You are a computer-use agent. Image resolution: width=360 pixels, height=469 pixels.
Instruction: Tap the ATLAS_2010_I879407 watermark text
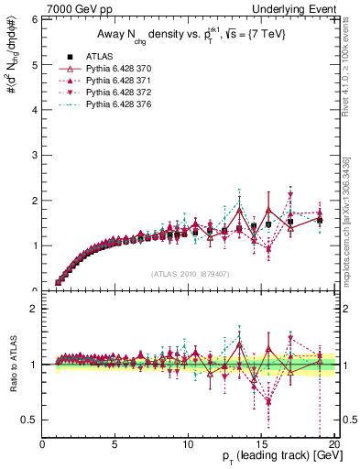pos(189,274)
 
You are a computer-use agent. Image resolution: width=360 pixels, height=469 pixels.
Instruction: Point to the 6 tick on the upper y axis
pos(35,19)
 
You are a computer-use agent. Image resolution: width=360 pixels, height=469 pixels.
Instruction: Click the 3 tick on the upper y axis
pos(35,155)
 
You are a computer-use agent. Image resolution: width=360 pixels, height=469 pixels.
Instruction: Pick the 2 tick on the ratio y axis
pos(35,309)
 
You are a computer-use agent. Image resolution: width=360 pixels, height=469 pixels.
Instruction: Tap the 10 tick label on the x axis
pos(188,443)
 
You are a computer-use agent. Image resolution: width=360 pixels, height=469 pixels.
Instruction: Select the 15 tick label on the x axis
pos(261,443)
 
